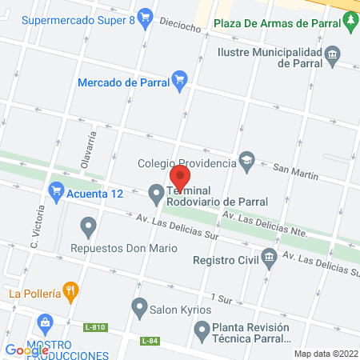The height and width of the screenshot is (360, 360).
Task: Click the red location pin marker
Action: tap(181, 177)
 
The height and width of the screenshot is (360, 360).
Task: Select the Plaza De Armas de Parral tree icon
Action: tap(351, 24)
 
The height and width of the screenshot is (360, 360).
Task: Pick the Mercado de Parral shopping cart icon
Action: tap(179, 79)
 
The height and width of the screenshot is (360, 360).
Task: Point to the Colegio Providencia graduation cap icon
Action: tap(247, 163)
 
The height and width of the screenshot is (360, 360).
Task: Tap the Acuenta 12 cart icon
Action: tap(56, 192)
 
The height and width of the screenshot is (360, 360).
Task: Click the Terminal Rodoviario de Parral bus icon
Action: tap(157, 192)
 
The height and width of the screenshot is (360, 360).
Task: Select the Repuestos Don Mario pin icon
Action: tap(87, 226)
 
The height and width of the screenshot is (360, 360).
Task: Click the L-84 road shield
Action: tap(149, 341)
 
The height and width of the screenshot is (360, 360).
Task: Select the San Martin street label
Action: tap(295, 170)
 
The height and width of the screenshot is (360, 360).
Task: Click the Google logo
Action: tap(27, 350)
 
